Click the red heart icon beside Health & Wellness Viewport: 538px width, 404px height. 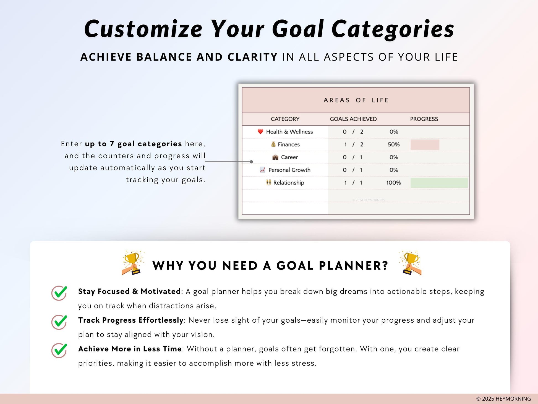[x=260, y=132]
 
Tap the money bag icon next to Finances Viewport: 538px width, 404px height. [x=273, y=144]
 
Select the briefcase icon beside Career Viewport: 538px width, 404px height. [x=275, y=157]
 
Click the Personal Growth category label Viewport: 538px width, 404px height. [x=289, y=170]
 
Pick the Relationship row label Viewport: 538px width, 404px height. [x=289, y=183]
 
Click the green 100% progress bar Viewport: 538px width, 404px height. [x=439, y=183]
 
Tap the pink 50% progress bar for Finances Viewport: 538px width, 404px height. [x=425, y=145]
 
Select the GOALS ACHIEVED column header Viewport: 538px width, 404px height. [x=353, y=119]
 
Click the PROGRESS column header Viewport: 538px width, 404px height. [x=424, y=119]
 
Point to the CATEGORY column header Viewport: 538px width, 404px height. [x=285, y=119]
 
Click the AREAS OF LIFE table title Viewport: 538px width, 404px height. [x=356, y=100]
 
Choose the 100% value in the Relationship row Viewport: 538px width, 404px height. [x=394, y=183]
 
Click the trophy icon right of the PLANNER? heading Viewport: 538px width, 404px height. [x=410, y=263]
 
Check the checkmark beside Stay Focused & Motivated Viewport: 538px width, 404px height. [x=59, y=293]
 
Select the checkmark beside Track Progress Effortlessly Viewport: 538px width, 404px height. [x=59, y=322]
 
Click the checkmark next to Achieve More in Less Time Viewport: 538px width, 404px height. [x=59, y=350]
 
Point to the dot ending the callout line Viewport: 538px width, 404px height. [x=251, y=162]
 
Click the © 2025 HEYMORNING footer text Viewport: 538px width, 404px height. [x=503, y=399]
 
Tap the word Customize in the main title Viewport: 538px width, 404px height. [x=143, y=29]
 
